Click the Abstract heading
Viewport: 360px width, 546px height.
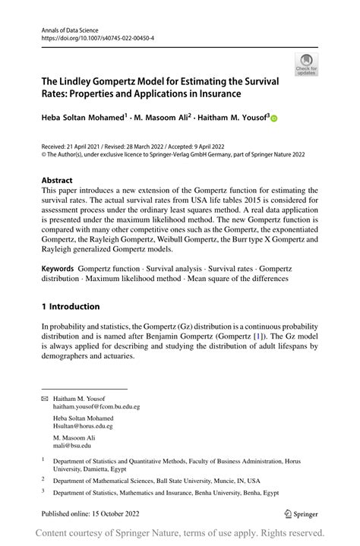[58, 181]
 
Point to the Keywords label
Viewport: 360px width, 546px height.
[58, 269]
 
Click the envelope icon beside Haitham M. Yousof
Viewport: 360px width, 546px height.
[44, 398]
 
